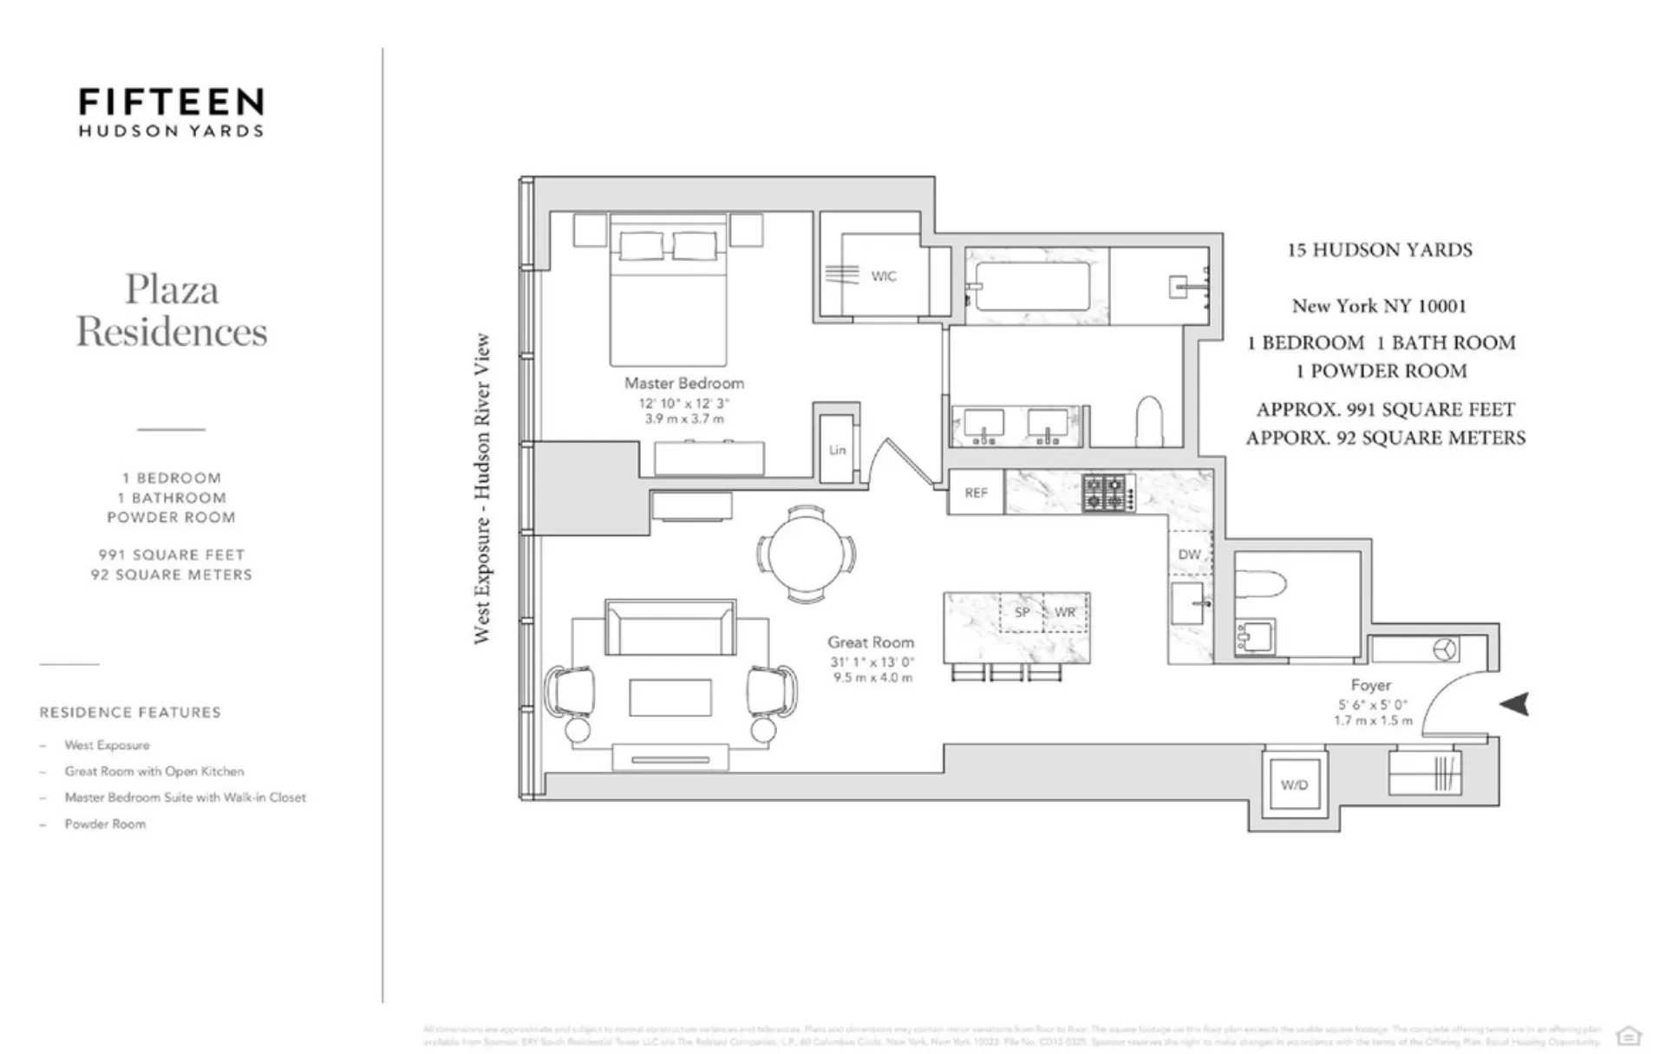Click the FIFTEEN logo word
(x=171, y=102)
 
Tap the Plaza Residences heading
(x=171, y=310)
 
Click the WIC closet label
(x=883, y=277)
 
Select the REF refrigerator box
(x=976, y=492)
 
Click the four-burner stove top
(x=1107, y=493)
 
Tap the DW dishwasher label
(x=1189, y=555)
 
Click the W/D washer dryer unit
(x=1294, y=784)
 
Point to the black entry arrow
(x=1514, y=704)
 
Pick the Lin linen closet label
(x=837, y=450)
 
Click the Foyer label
(x=1370, y=685)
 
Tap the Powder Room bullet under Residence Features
(x=105, y=823)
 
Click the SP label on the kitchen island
(x=1023, y=612)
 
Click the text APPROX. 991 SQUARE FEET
(x=1384, y=409)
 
